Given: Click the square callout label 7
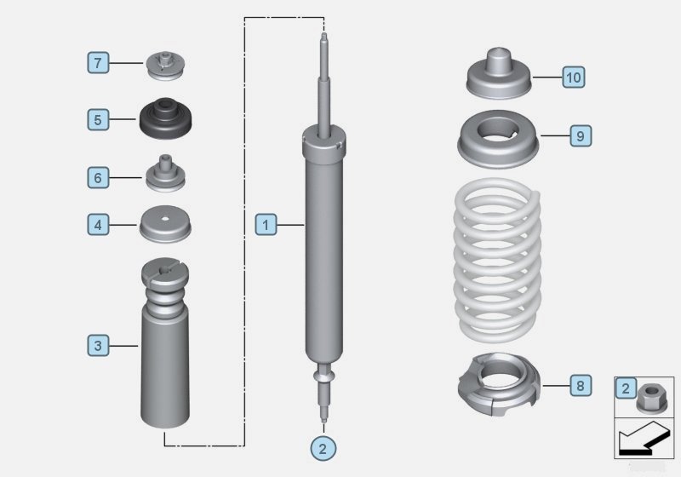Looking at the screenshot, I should click(x=99, y=63).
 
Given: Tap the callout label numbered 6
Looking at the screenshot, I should click(x=99, y=177).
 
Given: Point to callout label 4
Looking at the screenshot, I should click(x=99, y=225).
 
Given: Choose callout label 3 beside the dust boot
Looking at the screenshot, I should click(x=99, y=345).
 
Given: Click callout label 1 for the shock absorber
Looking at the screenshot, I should click(x=266, y=225).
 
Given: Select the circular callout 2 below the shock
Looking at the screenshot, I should click(x=321, y=446).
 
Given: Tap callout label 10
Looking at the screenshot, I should click(x=573, y=78).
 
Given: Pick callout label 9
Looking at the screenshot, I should click(x=578, y=135).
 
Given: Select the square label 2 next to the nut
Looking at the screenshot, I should click(x=626, y=388).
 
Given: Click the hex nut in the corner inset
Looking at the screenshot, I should click(x=651, y=394).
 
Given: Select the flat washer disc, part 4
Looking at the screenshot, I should click(x=166, y=224).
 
